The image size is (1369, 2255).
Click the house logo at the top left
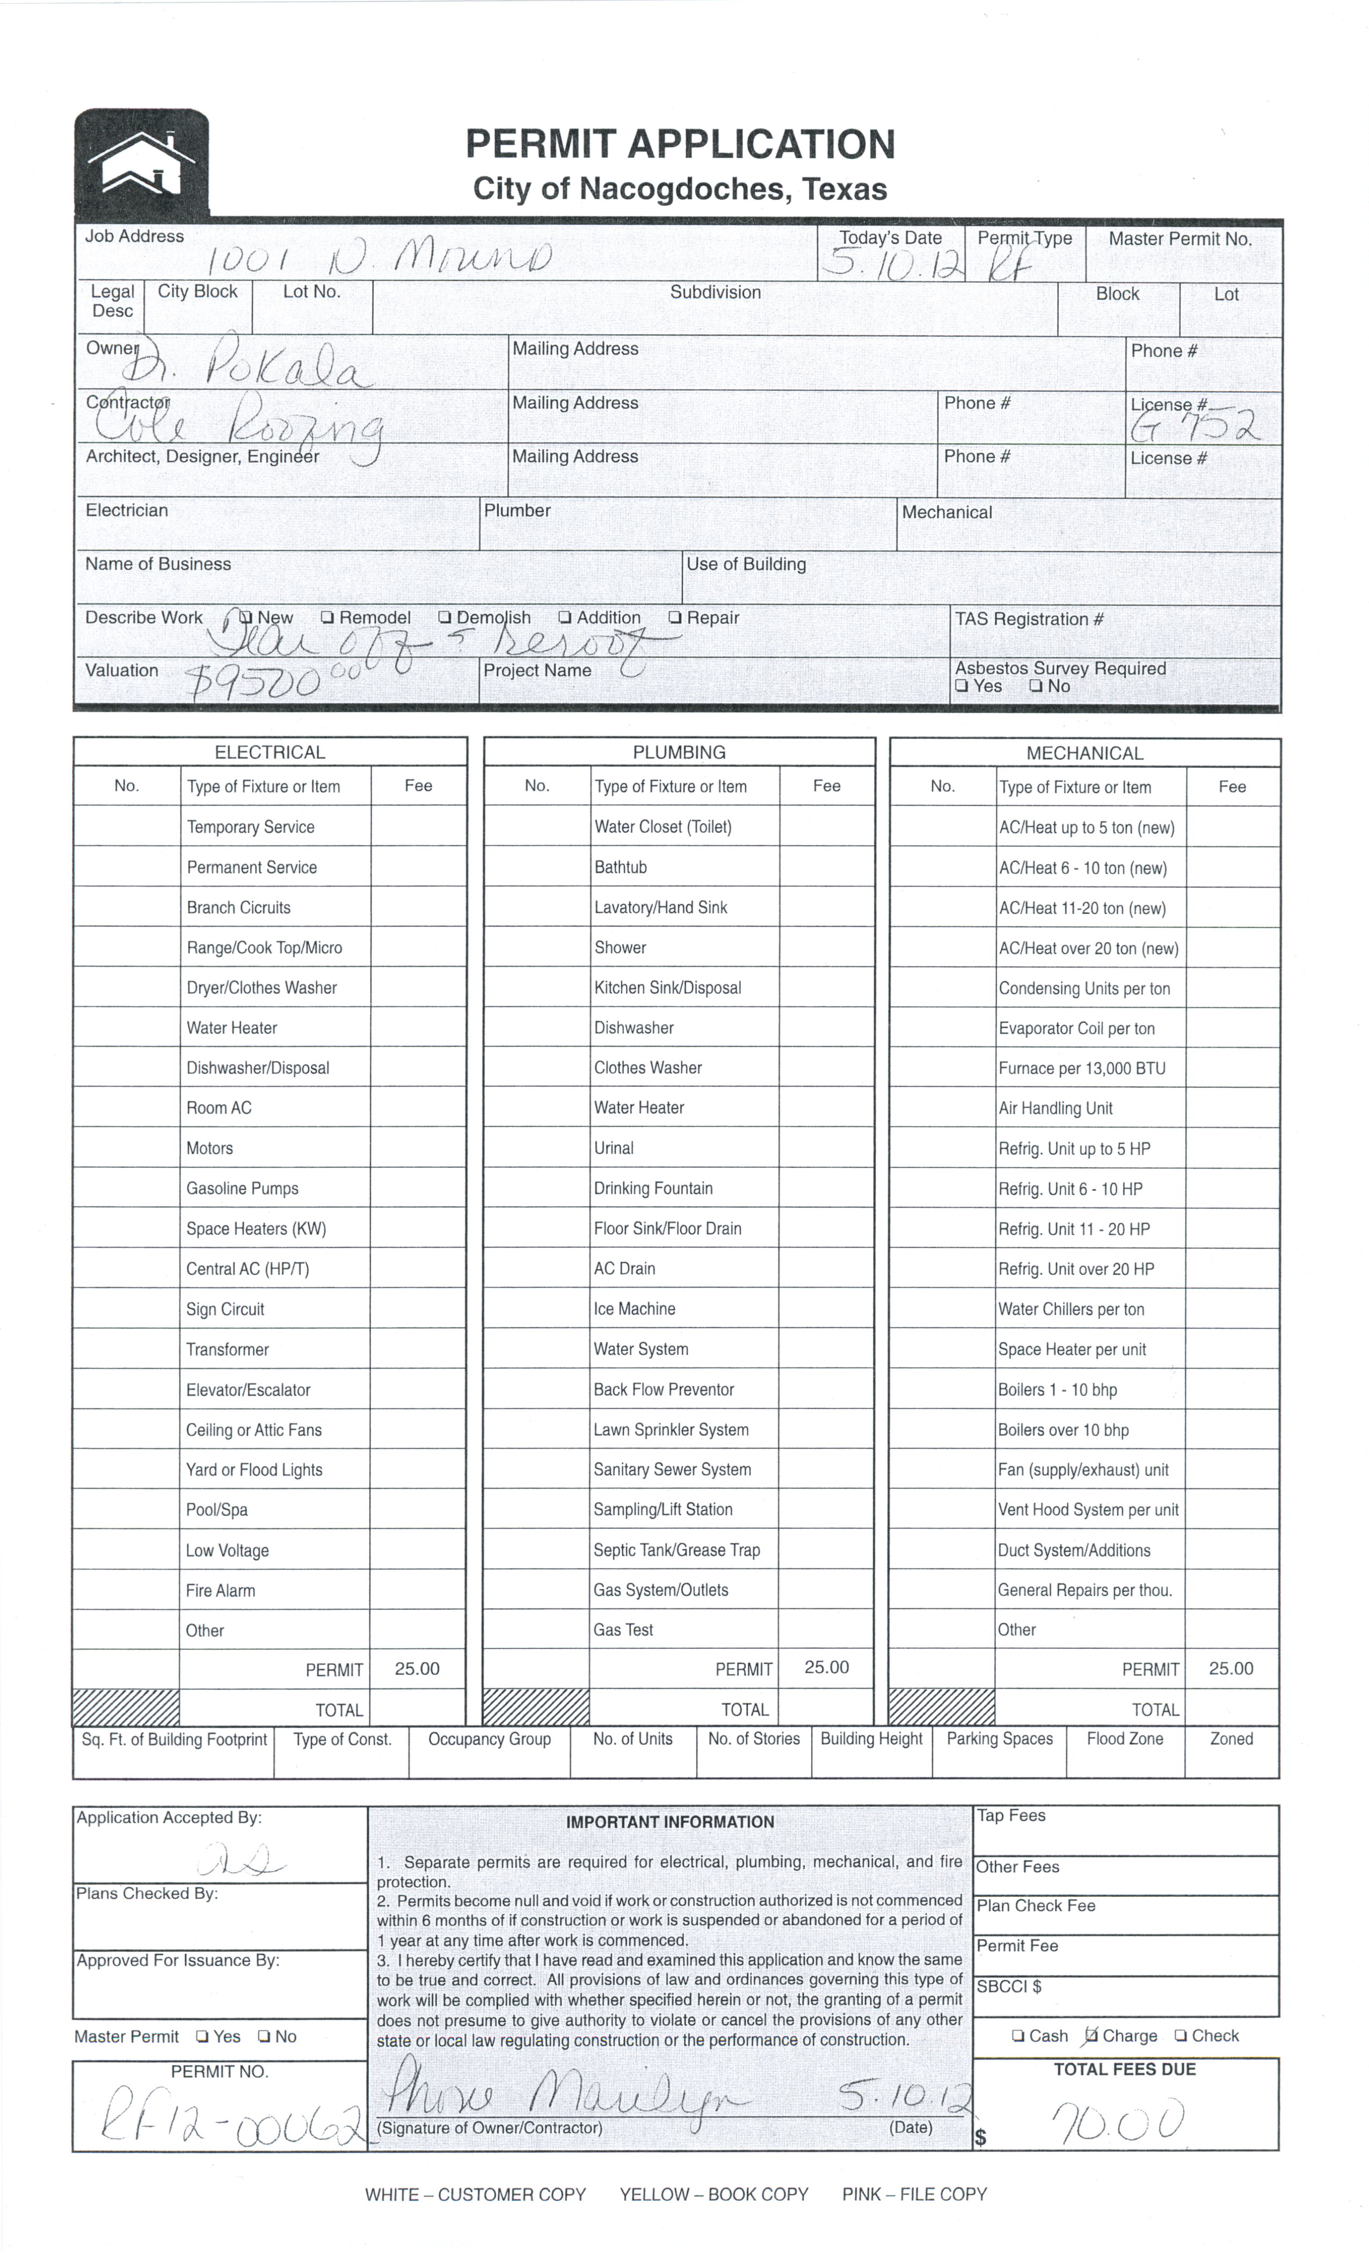(142, 163)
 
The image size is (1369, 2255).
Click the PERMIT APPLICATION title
(679, 144)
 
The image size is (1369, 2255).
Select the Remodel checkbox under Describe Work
(327, 618)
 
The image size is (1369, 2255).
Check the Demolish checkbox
(445, 618)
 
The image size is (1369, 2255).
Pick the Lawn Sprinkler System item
(671, 1429)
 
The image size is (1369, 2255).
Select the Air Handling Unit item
(1055, 1108)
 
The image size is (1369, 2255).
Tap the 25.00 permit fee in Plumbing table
(826, 1668)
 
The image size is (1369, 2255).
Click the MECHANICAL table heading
(1084, 753)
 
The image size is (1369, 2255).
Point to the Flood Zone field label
(1125, 1739)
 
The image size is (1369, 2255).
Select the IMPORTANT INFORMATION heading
(670, 1822)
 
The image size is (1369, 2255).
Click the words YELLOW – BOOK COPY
(714, 2195)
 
